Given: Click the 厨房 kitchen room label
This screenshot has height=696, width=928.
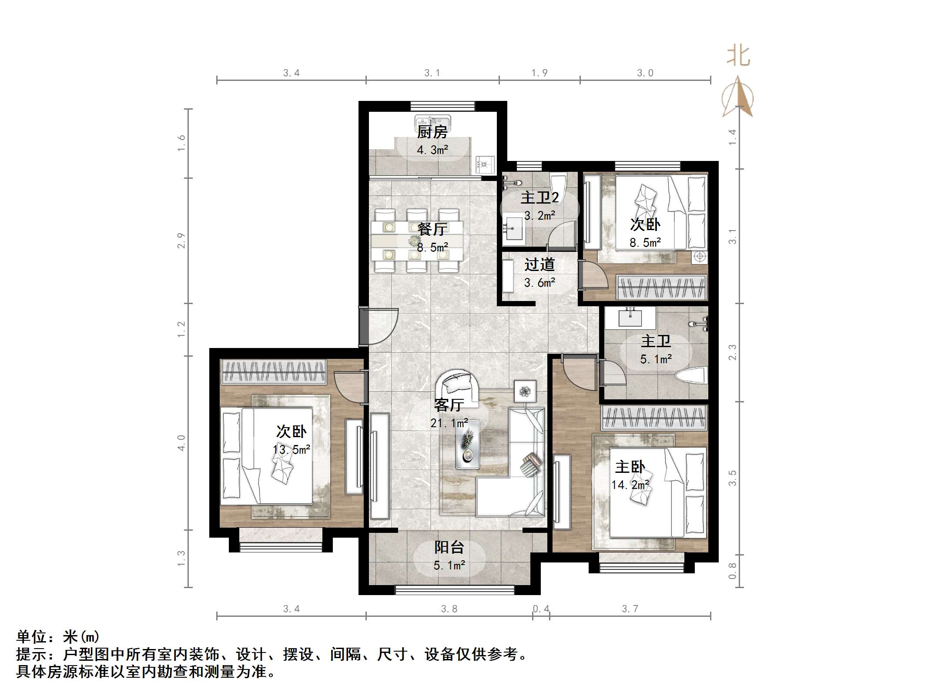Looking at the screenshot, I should tap(432, 132).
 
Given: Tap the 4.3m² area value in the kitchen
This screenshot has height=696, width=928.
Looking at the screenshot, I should tap(432, 151).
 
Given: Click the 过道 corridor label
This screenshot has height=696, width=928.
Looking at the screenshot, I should tap(539, 264).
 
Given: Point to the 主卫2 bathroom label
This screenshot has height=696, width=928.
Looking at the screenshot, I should tap(539, 198).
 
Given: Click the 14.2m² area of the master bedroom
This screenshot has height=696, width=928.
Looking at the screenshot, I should tap(630, 485).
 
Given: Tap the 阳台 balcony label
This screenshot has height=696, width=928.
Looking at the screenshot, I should tap(449, 547).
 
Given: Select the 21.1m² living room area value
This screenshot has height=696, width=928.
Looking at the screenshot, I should tap(449, 423).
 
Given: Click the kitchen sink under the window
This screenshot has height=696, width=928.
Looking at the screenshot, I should tap(432, 120).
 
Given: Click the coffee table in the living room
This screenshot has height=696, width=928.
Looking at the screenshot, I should tap(468, 445).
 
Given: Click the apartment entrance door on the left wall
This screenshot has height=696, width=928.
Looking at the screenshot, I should tap(379, 326).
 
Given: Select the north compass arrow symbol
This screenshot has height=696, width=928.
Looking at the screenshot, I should tap(738, 97).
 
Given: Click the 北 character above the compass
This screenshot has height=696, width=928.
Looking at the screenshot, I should tap(738, 57).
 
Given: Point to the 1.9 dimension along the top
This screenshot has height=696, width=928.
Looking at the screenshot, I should tap(539, 73).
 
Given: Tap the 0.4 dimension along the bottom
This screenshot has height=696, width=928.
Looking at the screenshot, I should tap(541, 609).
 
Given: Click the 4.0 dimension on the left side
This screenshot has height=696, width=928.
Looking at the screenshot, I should tap(181, 442).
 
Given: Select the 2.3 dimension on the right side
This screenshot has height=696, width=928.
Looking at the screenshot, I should tap(733, 352).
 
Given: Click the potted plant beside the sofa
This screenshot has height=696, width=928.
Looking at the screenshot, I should tap(525, 391).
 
